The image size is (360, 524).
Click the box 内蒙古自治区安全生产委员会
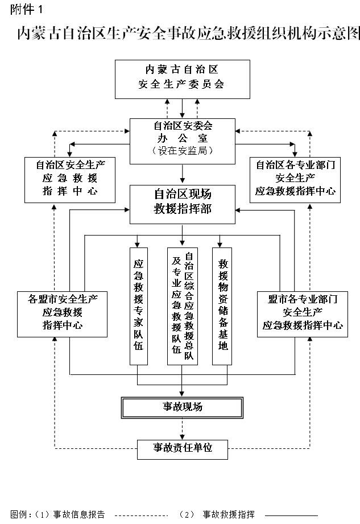pos(182,78)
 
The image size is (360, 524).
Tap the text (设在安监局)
pos(182,151)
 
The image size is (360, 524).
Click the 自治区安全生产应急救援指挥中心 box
pos(69,179)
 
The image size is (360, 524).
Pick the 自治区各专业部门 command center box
pos(295,179)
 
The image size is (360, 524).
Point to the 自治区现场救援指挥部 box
pos(182,203)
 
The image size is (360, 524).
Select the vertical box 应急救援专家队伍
pos(138,306)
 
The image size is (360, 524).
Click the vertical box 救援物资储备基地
pos(224,306)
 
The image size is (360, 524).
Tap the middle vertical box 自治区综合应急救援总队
pos(182,306)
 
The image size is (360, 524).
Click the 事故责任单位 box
pos(182,448)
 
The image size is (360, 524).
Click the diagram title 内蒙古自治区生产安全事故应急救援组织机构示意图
pos(188,34)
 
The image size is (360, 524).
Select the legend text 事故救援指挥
pos(229,514)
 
